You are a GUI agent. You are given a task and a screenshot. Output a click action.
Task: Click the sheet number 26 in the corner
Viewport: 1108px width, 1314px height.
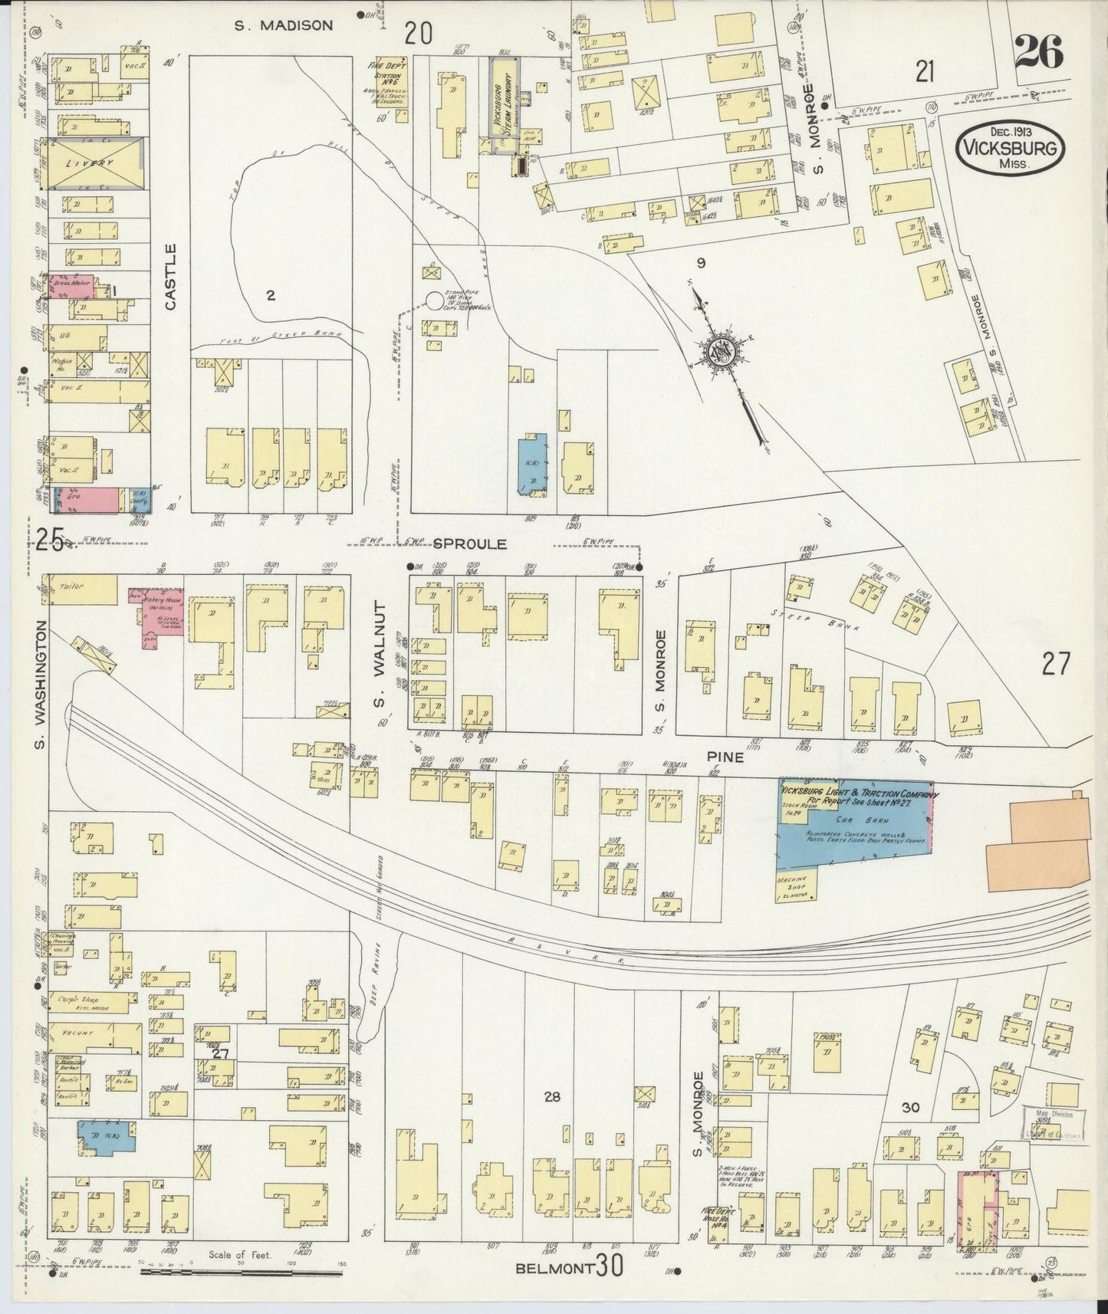point(1039,53)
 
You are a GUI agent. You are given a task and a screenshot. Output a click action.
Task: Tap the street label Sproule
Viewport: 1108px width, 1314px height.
point(470,544)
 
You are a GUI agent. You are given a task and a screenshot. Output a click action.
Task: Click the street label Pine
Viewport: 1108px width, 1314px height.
point(726,757)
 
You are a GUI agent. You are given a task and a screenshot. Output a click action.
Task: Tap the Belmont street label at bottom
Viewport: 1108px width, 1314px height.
point(554,1268)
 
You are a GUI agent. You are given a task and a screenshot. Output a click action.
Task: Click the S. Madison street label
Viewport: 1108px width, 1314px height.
point(284,25)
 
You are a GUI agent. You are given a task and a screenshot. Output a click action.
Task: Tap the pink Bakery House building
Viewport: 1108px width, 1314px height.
point(160,619)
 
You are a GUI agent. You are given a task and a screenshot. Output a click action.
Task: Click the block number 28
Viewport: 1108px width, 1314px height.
point(551,1097)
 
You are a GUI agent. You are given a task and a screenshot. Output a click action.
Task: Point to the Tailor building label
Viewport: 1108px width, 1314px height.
point(71,586)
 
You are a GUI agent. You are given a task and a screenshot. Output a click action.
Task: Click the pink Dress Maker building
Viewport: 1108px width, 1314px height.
point(71,285)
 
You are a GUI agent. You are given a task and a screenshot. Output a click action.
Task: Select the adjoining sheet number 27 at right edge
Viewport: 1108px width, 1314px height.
point(1055,663)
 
